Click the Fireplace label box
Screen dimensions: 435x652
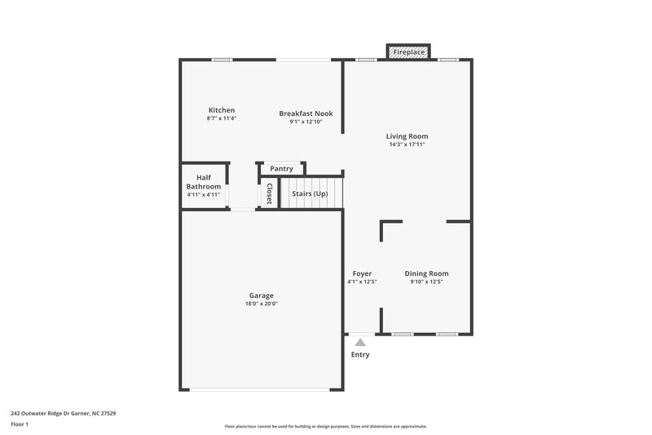click(x=409, y=52)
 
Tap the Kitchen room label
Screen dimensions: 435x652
click(x=221, y=110)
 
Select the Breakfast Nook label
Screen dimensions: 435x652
click(x=306, y=113)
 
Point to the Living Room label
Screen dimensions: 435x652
click(x=407, y=136)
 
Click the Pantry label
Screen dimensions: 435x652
click(x=281, y=169)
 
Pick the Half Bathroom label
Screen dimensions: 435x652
click(x=204, y=182)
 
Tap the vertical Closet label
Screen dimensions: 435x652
click(x=268, y=193)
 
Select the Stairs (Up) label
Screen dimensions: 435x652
click(x=310, y=193)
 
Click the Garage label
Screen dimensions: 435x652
click(x=262, y=295)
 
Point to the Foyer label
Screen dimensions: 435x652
click(x=362, y=273)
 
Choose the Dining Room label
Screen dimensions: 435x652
click(x=426, y=273)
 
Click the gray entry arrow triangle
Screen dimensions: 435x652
click(x=360, y=343)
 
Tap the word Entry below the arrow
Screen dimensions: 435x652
click(x=360, y=355)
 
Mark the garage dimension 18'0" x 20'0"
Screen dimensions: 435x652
click(x=262, y=304)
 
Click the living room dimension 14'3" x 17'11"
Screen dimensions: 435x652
click(x=407, y=144)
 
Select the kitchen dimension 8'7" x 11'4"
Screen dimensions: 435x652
click(x=221, y=119)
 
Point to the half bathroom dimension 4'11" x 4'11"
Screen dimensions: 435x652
click(x=204, y=194)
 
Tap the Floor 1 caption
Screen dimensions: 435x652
click(x=20, y=425)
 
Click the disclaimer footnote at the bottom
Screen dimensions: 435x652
click(x=326, y=426)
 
